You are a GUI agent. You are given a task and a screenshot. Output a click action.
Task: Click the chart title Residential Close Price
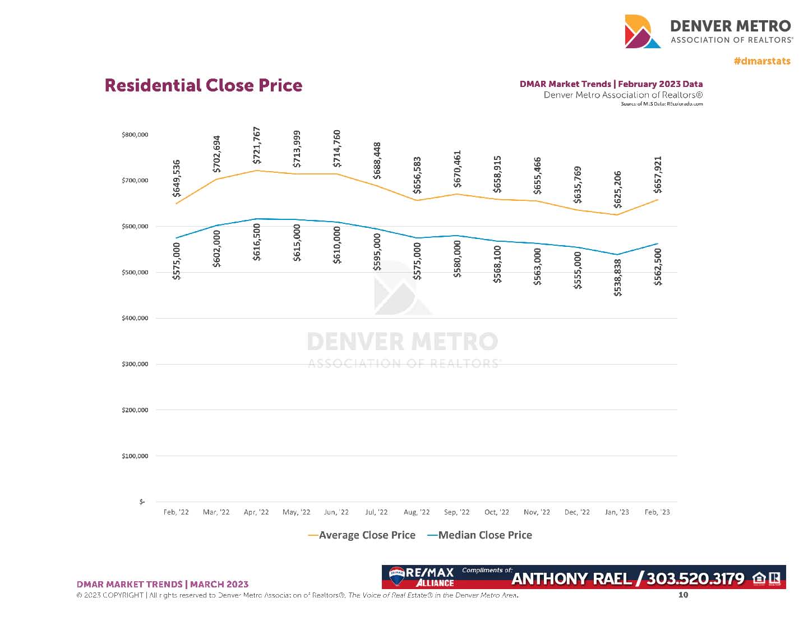(x=203, y=85)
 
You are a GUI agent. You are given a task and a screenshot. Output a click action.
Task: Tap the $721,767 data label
(x=257, y=145)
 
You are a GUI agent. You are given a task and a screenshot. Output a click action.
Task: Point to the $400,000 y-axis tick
(x=135, y=318)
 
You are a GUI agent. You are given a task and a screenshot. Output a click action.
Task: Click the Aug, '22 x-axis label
(x=417, y=512)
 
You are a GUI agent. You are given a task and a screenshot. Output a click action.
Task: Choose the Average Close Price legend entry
(x=362, y=535)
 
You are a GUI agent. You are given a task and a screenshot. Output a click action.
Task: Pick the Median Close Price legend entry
(x=480, y=535)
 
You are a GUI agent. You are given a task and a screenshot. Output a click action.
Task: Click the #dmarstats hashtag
(x=762, y=61)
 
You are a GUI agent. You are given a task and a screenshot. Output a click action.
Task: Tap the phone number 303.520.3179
(x=695, y=578)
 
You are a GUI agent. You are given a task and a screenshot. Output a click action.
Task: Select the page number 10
(x=683, y=595)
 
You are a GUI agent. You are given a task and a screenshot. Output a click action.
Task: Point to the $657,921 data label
(x=658, y=175)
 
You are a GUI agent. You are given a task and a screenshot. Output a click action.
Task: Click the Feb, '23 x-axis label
(x=657, y=512)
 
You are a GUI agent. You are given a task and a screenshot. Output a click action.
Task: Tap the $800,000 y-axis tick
(x=135, y=135)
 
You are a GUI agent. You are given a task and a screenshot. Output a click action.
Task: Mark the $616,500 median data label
(x=257, y=242)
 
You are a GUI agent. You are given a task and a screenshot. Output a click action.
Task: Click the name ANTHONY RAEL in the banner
(x=571, y=578)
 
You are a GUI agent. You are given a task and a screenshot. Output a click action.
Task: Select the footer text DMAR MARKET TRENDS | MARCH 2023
(x=162, y=584)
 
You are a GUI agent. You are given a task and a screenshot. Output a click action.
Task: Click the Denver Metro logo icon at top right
(x=643, y=31)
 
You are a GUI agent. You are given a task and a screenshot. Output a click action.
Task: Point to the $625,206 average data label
(x=617, y=190)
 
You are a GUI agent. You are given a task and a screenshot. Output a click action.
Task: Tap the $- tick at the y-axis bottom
(x=142, y=502)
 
